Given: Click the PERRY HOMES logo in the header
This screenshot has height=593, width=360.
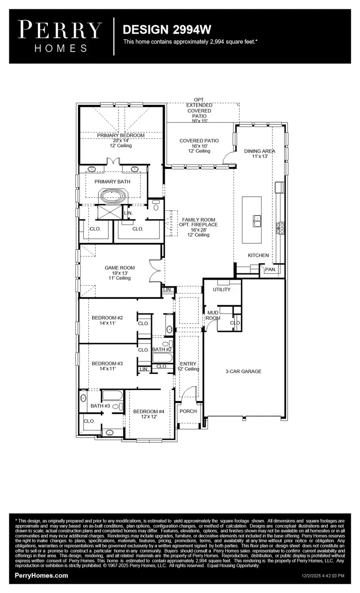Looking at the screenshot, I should click(x=60, y=36).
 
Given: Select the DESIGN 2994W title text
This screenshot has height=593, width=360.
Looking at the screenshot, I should click(x=167, y=30).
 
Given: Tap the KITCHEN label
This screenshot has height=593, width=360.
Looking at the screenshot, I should click(x=258, y=255).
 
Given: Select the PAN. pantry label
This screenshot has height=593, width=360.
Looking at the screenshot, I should click(x=270, y=270).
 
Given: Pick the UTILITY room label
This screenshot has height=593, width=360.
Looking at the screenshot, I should click(x=221, y=290).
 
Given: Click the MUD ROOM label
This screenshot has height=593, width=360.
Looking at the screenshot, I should click(x=213, y=315).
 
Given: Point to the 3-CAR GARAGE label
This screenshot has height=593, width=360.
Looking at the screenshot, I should click(x=243, y=371).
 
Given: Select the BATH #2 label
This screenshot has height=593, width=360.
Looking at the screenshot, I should click(x=162, y=349).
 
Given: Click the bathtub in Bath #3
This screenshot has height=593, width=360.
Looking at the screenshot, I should click(x=114, y=396).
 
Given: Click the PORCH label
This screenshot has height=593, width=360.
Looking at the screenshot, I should click(x=188, y=411).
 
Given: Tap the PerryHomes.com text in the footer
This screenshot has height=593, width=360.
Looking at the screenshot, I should click(x=41, y=576).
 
